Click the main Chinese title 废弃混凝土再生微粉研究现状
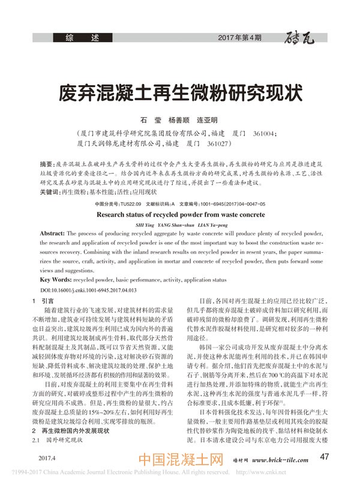(x=179, y=94)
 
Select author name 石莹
(x=130, y=120)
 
